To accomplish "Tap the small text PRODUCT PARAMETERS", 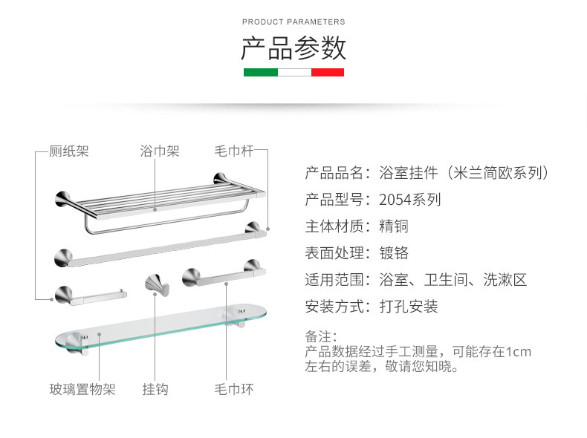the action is (x=293, y=22).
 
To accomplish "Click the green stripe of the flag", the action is (x=260, y=72).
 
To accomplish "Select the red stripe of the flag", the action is (x=327, y=72).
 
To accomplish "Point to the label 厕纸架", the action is (x=68, y=151).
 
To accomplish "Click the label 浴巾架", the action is (x=160, y=151).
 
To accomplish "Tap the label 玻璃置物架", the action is (x=82, y=389).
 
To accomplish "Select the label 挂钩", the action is (x=155, y=389).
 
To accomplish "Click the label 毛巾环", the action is (x=234, y=389).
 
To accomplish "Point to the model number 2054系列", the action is (x=409, y=200).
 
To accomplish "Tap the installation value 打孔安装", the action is (x=409, y=307).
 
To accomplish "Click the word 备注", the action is (x=321, y=336).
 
